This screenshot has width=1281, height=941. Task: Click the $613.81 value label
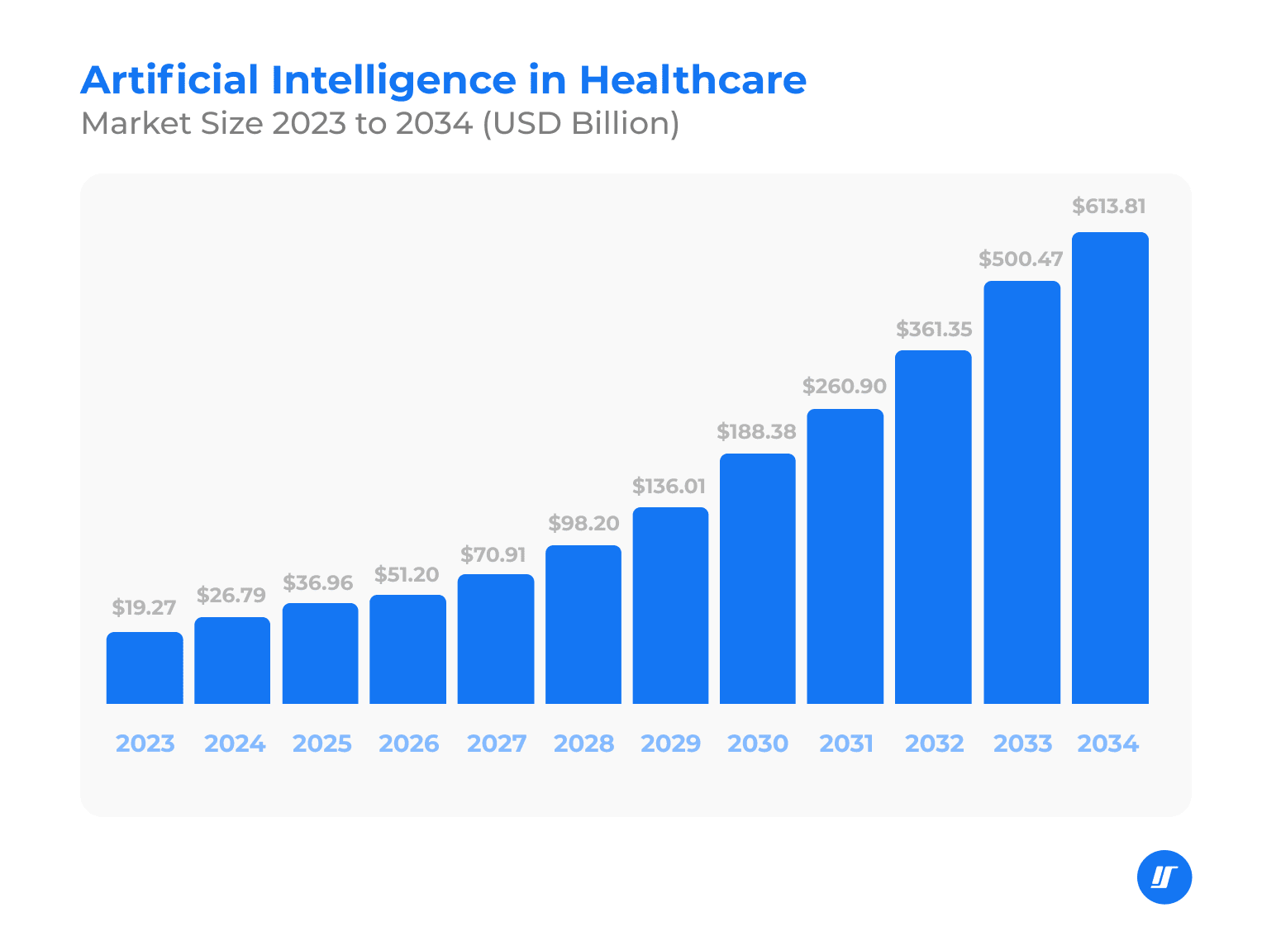[1109, 206]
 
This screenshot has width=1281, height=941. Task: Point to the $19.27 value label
[145, 608]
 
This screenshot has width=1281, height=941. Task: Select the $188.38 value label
[756, 431]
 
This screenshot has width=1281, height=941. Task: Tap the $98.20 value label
[583, 523]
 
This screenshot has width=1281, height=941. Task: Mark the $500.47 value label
[1021, 259]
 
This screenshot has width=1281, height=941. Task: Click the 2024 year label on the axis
[235, 744]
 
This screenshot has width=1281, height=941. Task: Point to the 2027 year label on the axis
[497, 744]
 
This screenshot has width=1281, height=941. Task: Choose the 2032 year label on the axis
[934, 744]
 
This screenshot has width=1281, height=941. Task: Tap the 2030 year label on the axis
[758, 744]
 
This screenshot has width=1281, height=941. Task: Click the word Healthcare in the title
[693, 80]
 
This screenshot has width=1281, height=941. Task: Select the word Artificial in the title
[169, 80]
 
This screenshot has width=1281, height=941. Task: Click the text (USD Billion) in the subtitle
[580, 123]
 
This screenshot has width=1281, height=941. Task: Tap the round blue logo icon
[1164, 877]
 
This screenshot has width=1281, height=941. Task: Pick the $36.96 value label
[318, 583]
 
